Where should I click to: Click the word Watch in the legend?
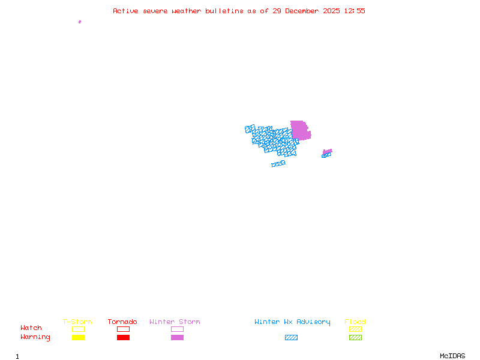(31, 328)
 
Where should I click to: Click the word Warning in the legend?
(35, 337)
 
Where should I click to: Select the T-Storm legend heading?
(77, 322)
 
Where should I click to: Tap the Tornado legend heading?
(122, 322)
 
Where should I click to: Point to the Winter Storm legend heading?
(175, 322)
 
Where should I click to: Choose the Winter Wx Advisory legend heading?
(292, 322)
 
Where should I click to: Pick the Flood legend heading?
(355, 322)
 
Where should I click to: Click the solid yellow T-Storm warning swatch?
(78, 338)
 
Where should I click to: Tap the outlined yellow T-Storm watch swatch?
(78, 329)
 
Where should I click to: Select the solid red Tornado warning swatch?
(123, 338)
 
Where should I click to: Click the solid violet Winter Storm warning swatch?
(177, 338)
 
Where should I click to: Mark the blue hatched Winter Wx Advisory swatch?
(291, 338)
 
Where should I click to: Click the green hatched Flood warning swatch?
(355, 338)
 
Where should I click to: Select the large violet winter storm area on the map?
(300, 130)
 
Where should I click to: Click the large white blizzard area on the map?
(273, 158)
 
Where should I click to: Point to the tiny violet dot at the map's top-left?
(80, 22)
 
